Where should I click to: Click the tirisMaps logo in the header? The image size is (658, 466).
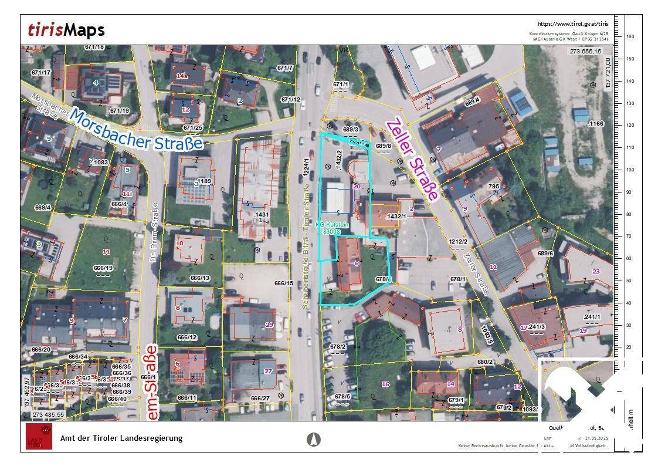[x=66, y=30]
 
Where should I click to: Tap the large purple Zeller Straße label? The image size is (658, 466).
[x=412, y=158]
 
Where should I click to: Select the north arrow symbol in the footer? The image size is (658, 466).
[x=314, y=438]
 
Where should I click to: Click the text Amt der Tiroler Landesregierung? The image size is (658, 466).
[x=121, y=438]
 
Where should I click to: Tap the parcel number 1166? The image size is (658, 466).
[x=596, y=124]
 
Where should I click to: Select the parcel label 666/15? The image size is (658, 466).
[x=283, y=283]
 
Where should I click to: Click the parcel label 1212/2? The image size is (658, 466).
[x=458, y=241]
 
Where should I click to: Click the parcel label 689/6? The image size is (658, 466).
[x=545, y=254]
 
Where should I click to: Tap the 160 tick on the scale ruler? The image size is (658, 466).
[x=630, y=36]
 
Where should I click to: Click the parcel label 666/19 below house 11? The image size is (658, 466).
[x=103, y=268]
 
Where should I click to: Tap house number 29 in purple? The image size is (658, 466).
[x=269, y=325]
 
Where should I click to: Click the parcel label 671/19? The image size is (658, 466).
[x=119, y=110]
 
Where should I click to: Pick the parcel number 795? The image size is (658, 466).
[x=493, y=187]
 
